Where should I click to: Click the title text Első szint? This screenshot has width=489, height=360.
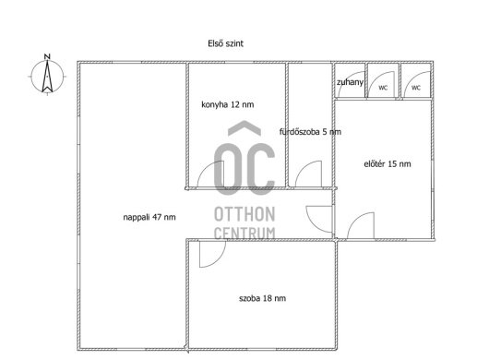coord(225,43)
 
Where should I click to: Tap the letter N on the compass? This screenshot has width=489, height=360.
coord(47,57)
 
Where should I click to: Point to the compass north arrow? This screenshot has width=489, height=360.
coord(47,77)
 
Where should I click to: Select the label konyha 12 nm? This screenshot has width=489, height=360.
coord(228,104)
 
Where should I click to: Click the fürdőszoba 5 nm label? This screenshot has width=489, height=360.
coord(310,132)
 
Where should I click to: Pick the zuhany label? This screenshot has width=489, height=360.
coord(350,82)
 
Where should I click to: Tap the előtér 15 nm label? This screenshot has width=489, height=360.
coord(388,163)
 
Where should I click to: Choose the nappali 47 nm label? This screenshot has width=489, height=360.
coord(149,217)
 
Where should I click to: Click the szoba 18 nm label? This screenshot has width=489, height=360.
coord(263,298)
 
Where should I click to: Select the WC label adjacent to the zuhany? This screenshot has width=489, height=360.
coord(383,88)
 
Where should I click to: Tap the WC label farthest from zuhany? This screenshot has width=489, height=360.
coord(416,88)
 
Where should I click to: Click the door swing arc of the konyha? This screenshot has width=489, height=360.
coord(206,167)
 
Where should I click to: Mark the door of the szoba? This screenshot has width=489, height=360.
coord(219,260)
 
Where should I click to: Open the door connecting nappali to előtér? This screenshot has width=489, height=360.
coord(314,225)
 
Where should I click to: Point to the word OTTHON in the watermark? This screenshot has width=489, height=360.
coord(244,214)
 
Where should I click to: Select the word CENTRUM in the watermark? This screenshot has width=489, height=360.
coord(244,233)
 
